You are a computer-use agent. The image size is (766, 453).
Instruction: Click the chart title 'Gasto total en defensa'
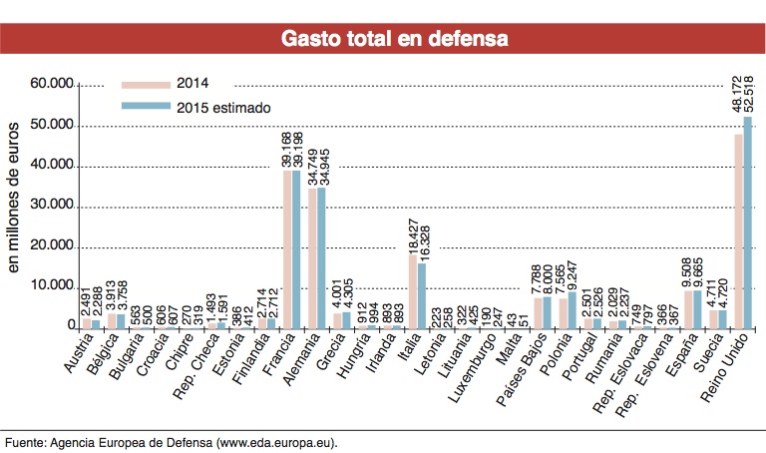click(383, 40)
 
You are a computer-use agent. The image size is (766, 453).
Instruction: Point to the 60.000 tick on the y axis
click(53, 85)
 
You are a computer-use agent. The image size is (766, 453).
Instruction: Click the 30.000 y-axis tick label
click(53, 207)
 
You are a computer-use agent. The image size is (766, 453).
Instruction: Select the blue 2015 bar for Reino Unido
click(747, 223)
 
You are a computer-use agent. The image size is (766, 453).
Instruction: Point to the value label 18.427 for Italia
click(412, 231)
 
